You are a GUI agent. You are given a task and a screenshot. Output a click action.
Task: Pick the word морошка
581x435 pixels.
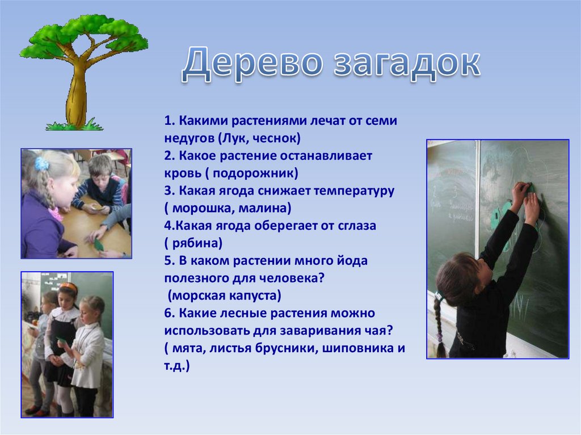pos(202,208)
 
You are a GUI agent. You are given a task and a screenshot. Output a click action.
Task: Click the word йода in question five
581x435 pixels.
pos(352,260)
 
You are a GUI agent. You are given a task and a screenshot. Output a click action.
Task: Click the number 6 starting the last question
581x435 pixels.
pos(169,313)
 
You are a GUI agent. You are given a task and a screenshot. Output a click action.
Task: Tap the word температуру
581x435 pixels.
pos(354,191)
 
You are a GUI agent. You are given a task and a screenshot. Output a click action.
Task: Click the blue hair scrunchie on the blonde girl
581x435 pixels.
pos(41,163)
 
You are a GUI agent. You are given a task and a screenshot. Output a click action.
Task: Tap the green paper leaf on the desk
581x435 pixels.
pos(99,244)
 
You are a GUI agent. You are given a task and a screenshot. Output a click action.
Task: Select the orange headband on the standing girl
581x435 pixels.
pos(69,286)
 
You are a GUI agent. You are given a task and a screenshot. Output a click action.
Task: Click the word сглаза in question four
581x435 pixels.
pos(356,226)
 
